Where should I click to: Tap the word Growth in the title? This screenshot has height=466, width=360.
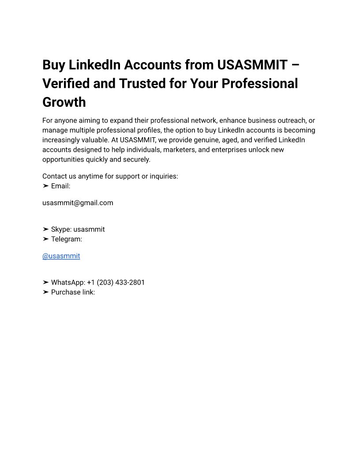pyautogui.click(x=64, y=102)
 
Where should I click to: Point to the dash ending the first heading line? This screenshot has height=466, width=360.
pyautogui.click(x=295, y=65)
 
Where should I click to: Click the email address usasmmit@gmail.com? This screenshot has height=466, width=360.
pyautogui.click(x=78, y=203)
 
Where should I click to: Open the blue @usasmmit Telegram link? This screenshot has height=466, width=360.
pyautogui.click(x=61, y=256)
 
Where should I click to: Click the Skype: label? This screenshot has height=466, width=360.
pyautogui.click(x=61, y=229)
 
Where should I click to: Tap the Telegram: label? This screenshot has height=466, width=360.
pyautogui.click(x=67, y=239)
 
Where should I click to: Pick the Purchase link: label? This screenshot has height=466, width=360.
pyautogui.click(x=73, y=292)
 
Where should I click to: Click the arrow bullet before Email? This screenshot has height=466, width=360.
pyautogui.click(x=45, y=186)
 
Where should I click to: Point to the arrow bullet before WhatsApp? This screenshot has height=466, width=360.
pyautogui.click(x=45, y=282)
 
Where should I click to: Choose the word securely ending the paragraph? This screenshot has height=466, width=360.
pyautogui.click(x=136, y=159)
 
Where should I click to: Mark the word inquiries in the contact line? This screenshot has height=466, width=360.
pyautogui.click(x=163, y=177)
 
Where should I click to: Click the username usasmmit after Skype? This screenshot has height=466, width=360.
pyautogui.click(x=89, y=229)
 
